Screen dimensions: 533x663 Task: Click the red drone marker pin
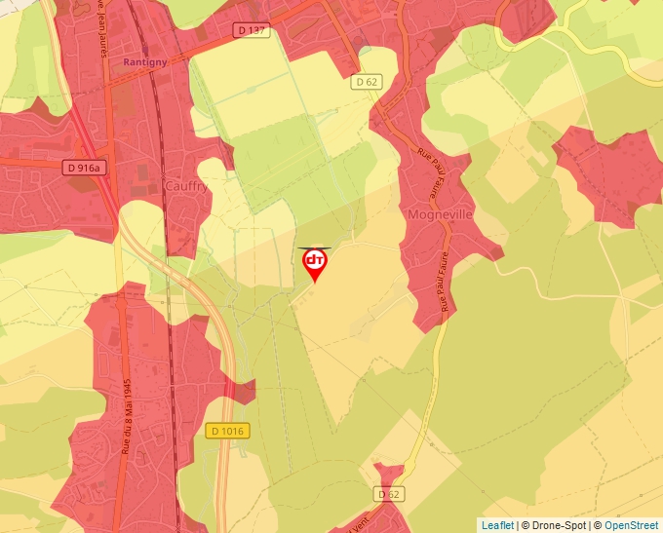315,264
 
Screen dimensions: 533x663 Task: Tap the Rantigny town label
146,61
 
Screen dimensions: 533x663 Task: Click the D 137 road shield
252,31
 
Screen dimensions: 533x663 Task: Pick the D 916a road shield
83,168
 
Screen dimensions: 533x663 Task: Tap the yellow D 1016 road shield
228,430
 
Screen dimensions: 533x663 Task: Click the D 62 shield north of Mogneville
367,82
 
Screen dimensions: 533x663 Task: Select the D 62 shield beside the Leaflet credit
388,495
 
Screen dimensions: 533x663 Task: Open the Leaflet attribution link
497,525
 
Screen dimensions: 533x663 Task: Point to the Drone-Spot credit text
554,525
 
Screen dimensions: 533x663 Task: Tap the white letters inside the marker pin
315,260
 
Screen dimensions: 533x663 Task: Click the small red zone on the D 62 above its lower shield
388,476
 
